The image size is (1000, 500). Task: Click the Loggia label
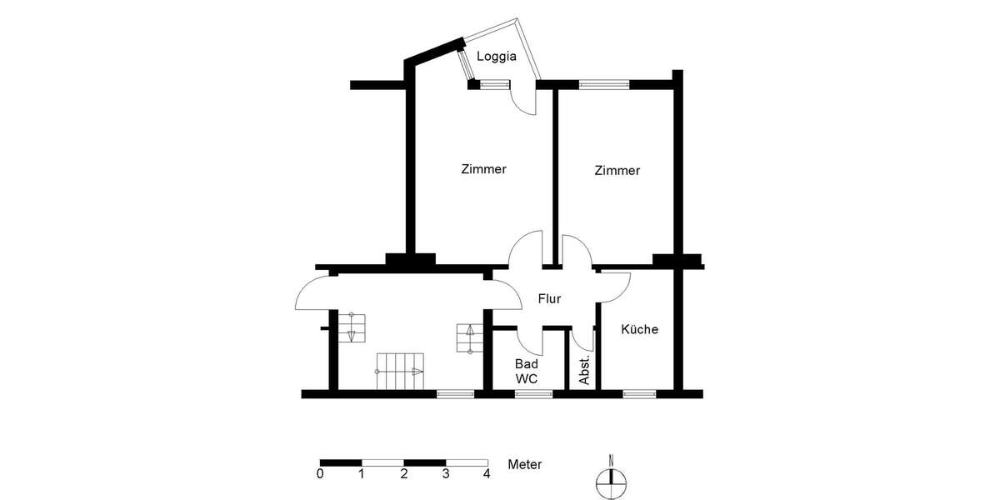pos(497,57)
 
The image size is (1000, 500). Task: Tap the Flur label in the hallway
pos(549,297)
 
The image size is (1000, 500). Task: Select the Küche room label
pos(639,329)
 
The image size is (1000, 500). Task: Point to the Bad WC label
pos(527,371)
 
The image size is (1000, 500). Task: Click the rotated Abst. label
pos(585,369)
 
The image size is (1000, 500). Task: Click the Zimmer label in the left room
pos(483,169)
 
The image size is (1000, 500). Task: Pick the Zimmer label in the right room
pos(617,171)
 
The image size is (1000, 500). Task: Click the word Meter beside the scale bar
pos(525,464)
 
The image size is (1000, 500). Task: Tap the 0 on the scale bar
pos(321,475)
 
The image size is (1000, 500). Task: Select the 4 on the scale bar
pos(487,475)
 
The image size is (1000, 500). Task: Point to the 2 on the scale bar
pos(403,475)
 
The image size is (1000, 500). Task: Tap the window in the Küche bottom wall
pos(638,392)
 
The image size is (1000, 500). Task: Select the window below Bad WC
pos(533,392)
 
